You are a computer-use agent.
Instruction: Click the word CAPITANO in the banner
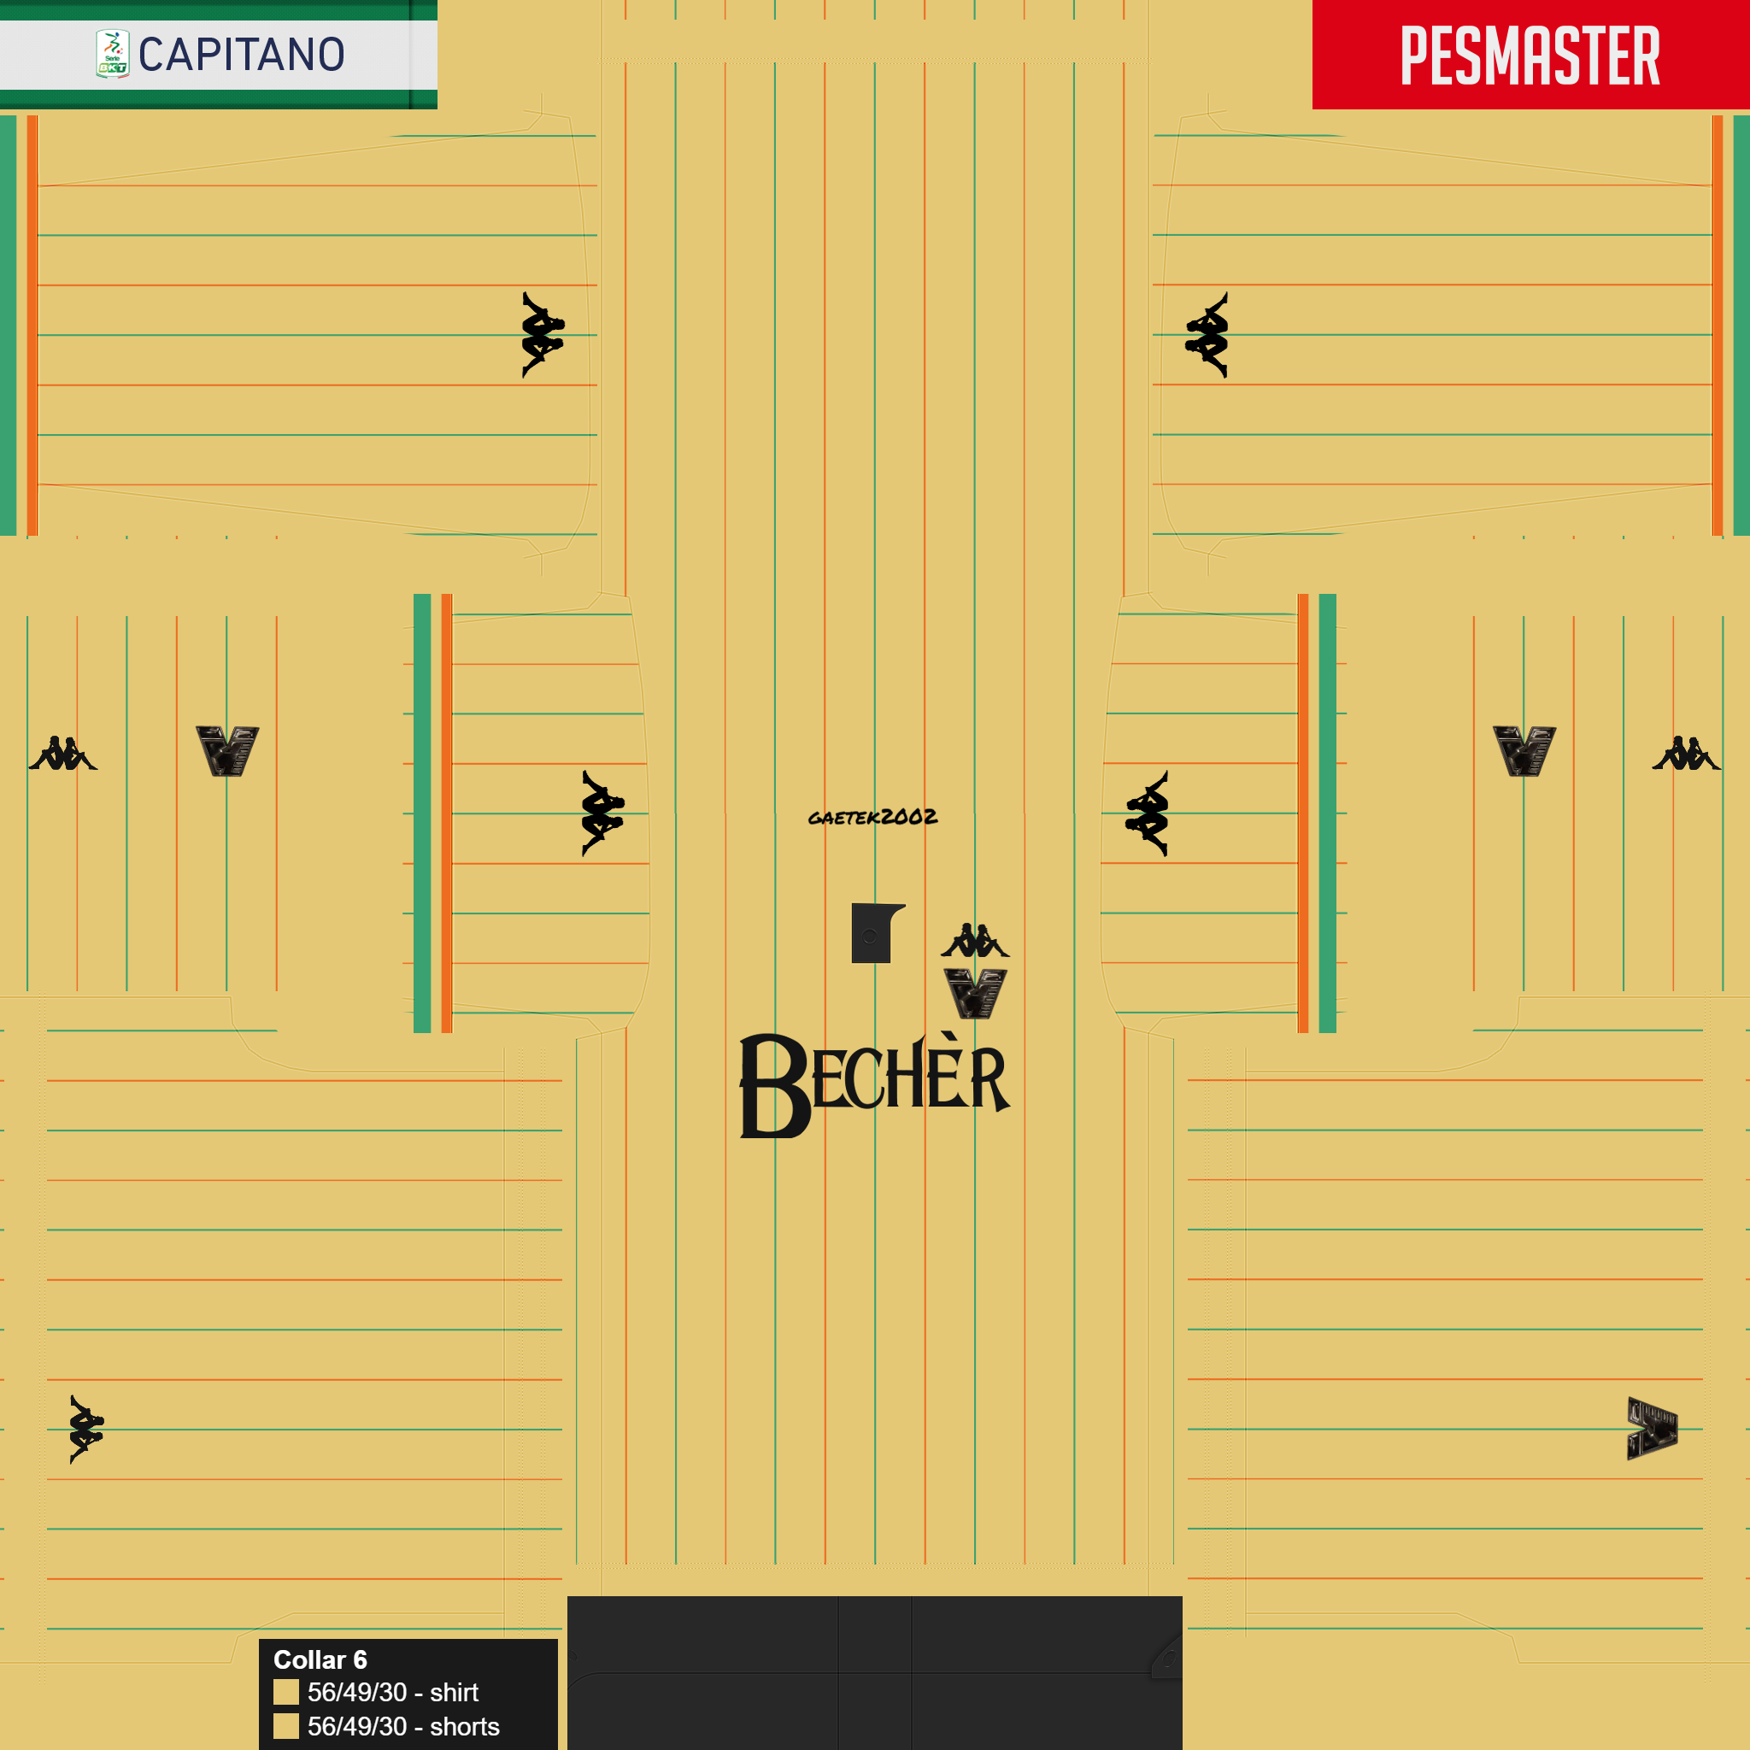click(x=242, y=55)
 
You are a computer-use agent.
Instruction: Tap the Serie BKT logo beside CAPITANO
click(x=112, y=54)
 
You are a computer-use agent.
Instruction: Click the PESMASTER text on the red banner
click(x=1530, y=56)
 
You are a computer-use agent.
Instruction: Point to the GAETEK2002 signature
click(x=872, y=817)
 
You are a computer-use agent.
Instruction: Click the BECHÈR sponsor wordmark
click(x=875, y=1084)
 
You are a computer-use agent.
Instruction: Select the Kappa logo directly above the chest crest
click(x=975, y=940)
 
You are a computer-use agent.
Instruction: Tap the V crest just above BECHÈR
click(x=976, y=994)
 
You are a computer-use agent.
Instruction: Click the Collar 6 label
click(x=320, y=1659)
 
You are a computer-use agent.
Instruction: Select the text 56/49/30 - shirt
click(x=393, y=1692)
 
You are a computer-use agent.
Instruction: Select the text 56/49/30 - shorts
click(x=404, y=1726)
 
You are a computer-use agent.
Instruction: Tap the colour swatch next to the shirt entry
click(x=286, y=1692)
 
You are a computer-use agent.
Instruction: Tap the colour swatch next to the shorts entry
click(x=286, y=1726)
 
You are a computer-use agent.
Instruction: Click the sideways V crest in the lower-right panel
click(x=1653, y=1429)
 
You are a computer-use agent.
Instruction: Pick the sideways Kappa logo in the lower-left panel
click(x=87, y=1430)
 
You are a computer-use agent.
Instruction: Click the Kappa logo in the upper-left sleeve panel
click(x=543, y=334)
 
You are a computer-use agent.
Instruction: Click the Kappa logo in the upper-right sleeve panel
click(x=1207, y=334)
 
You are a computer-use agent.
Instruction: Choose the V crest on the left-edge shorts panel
click(x=227, y=751)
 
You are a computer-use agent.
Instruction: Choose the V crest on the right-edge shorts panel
click(x=1524, y=751)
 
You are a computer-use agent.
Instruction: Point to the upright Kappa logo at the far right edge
click(x=1686, y=754)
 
